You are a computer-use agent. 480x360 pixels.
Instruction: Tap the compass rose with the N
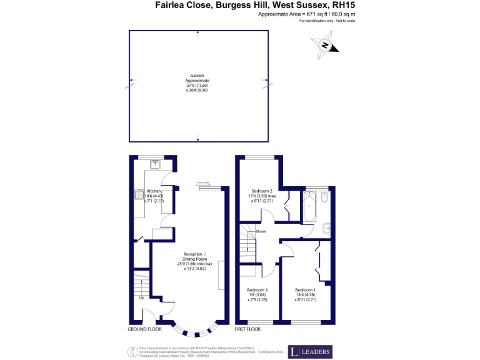click(x=325, y=46)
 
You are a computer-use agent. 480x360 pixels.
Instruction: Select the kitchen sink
click(x=155, y=164)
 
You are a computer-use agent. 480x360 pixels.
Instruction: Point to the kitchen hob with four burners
click(x=137, y=195)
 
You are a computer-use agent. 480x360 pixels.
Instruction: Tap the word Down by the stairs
click(x=261, y=231)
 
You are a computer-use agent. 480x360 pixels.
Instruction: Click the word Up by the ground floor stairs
click(x=141, y=297)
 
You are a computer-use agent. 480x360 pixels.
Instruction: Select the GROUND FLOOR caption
click(x=145, y=329)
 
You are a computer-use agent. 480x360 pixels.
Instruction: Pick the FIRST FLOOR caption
click(x=248, y=329)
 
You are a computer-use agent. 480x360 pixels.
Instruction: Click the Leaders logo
click(x=310, y=351)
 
